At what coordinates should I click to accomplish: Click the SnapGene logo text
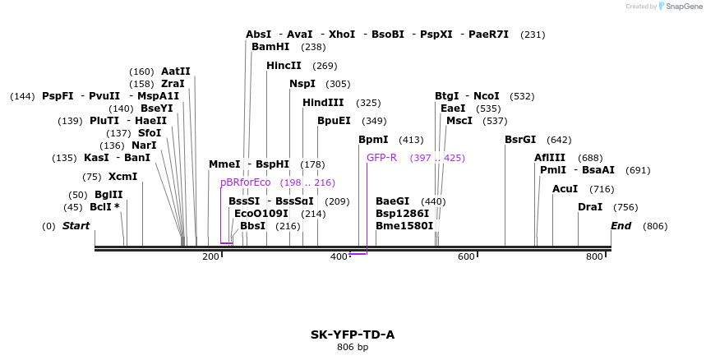(684, 7)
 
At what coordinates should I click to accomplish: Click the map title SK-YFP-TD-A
(353, 335)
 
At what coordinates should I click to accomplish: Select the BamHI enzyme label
(270, 47)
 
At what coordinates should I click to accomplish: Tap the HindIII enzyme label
(323, 103)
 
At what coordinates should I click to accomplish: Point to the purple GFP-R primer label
(381, 158)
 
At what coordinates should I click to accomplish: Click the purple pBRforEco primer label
(245, 182)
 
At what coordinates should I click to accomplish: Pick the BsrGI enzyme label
(519, 140)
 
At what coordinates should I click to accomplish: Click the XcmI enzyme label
(122, 177)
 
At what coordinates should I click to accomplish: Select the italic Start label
(76, 226)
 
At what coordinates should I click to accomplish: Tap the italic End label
(621, 226)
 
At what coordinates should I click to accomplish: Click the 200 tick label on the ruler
(210, 257)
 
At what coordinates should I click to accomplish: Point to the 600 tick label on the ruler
(466, 257)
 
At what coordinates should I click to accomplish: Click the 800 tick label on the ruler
(594, 257)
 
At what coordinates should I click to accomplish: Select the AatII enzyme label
(175, 72)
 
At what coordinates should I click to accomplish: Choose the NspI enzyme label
(302, 84)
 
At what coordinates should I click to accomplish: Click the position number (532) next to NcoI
(523, 96)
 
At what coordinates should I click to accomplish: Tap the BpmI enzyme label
(374, 140)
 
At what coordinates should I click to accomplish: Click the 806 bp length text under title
(353, 348)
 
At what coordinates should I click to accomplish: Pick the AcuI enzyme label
(565, 189)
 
